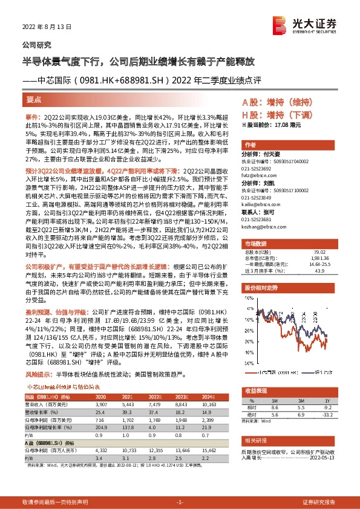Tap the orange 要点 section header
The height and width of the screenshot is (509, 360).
pos(35,99)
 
